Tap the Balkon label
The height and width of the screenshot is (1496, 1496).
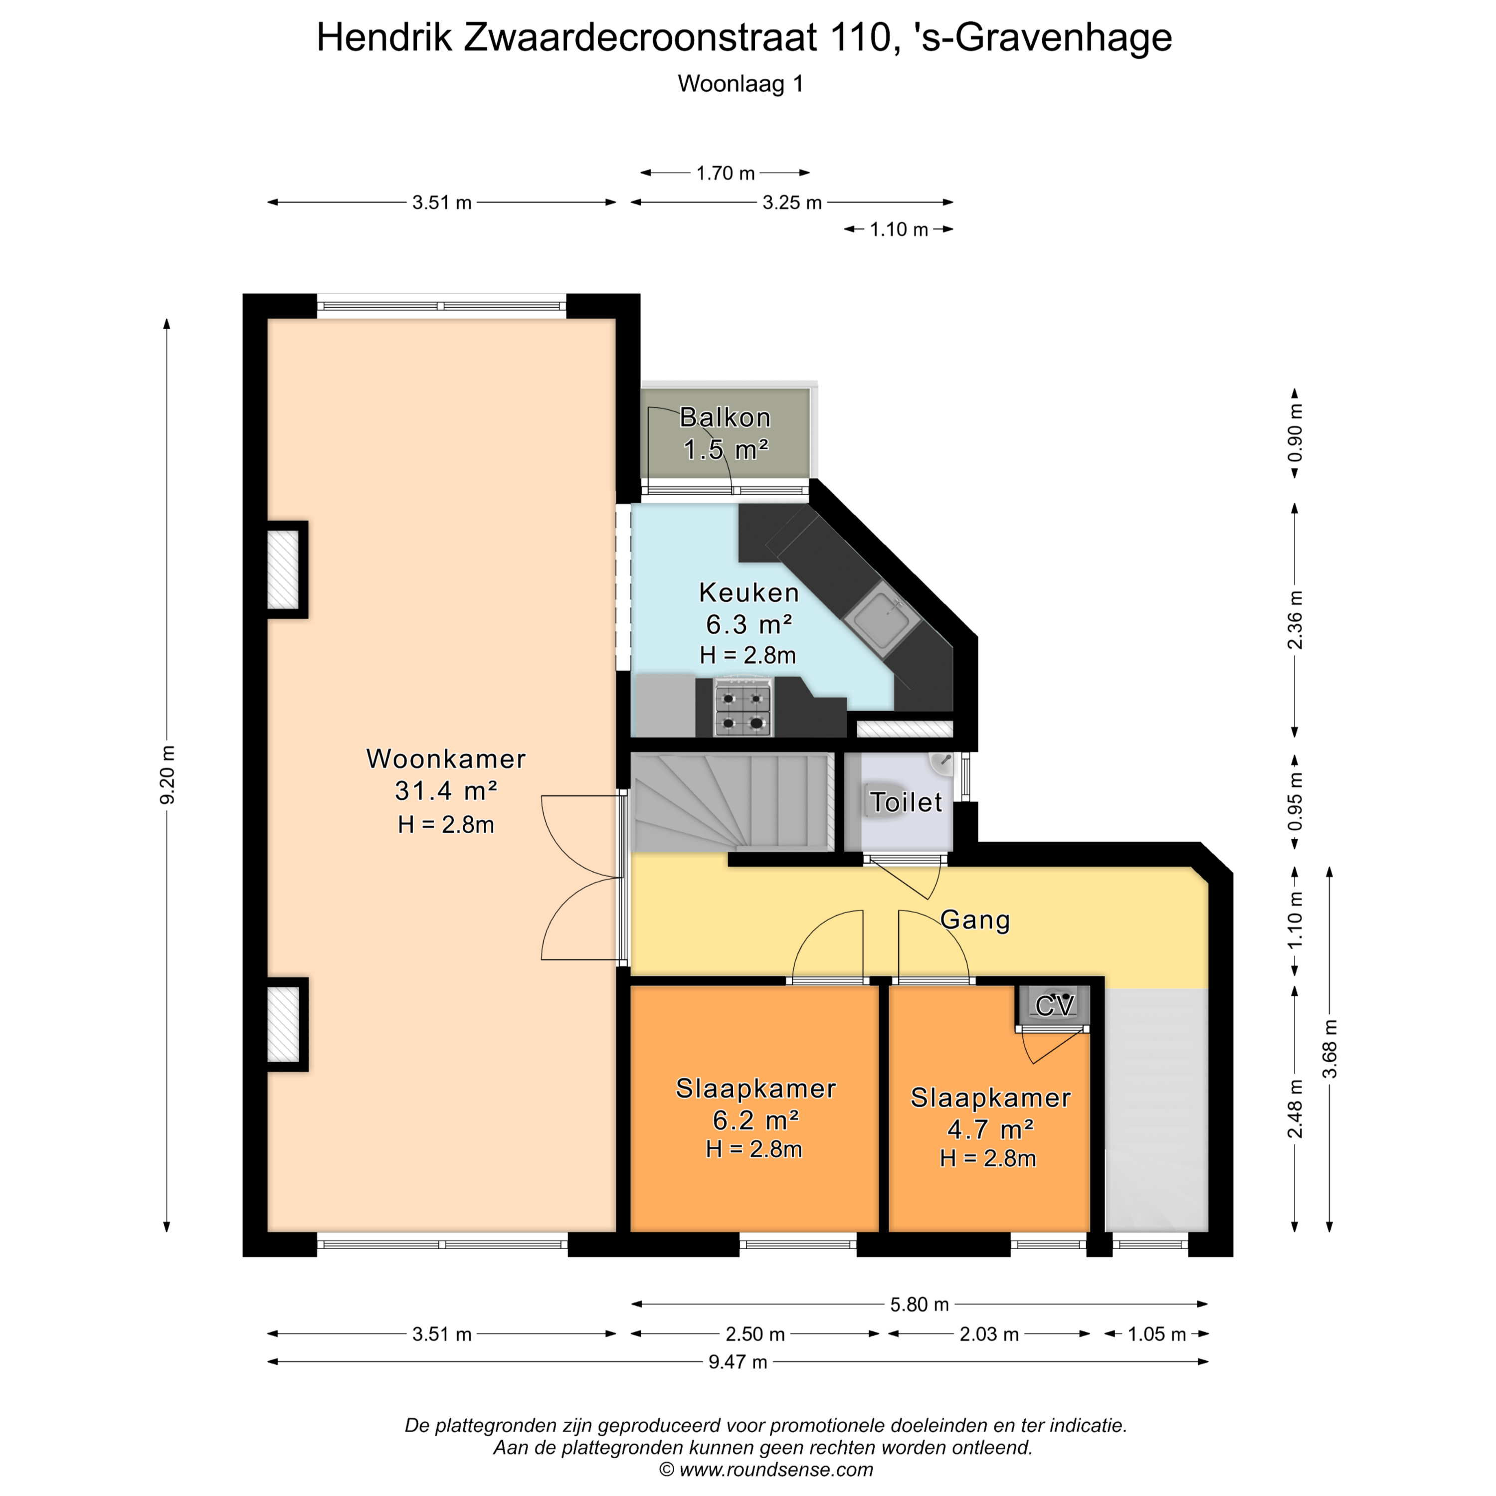[726, 417]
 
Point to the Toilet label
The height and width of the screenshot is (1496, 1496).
[906, 802]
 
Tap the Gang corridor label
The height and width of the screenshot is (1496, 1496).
[975, 920]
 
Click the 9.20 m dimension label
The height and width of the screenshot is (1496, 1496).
[167, 775]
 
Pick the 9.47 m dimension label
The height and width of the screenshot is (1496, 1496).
[738, 1382]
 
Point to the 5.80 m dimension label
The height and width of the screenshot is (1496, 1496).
[919, 1305]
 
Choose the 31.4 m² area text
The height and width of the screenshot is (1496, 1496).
[446, 790]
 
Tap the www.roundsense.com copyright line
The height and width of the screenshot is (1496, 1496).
[766, 1470]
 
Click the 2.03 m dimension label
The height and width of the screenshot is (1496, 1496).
[989, 1334]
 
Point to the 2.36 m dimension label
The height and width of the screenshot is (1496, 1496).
[1295, 619]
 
